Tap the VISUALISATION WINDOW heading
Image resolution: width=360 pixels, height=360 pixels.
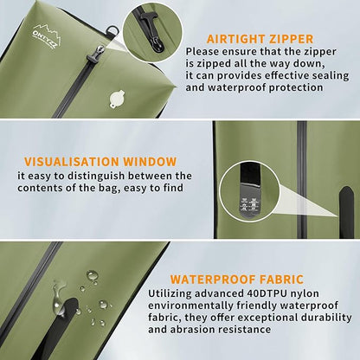tap(100, 161)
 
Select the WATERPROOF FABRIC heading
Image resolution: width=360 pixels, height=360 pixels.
tap(236, 280)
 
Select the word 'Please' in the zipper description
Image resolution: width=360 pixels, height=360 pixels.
tap(204, 51)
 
